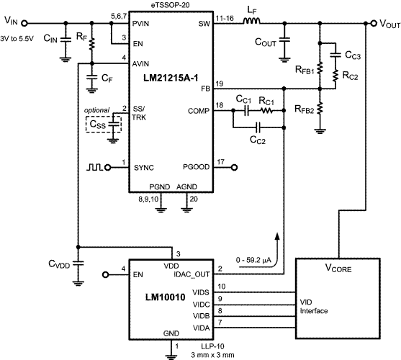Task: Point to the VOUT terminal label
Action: [x=384, y=24]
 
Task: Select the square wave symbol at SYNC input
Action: [x=94, y=167]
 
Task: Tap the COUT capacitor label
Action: [x=266, y=42]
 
